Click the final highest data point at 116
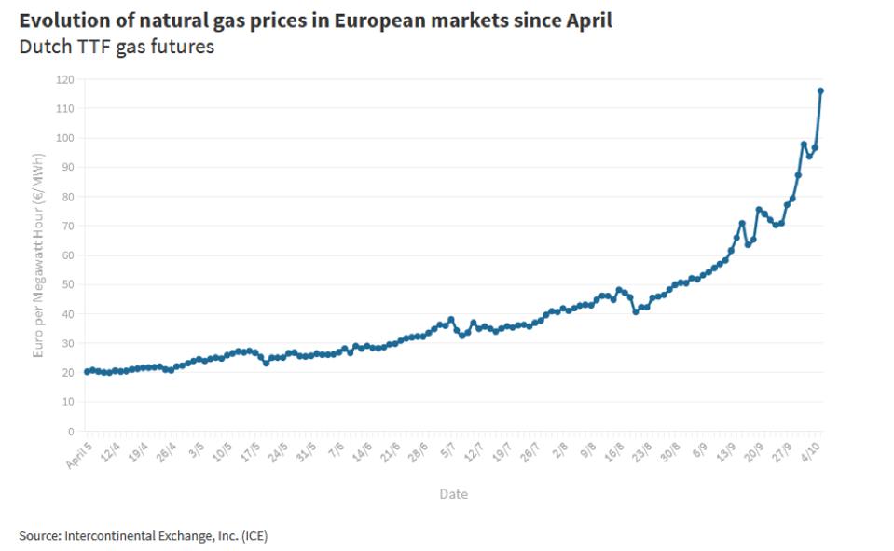(x=820, y=90)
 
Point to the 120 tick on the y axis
(x=63, y=79)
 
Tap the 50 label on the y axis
(x=66, y=284)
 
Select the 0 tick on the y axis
(x=69, y=432)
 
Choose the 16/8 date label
(x=612, y=449)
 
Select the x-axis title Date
(x=453, y=494)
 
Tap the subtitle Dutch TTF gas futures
(x=117, y=47)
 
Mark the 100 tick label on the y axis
(x=63, y=138)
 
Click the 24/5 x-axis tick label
(x=277, y=449)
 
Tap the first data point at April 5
(x=87, y=371)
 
